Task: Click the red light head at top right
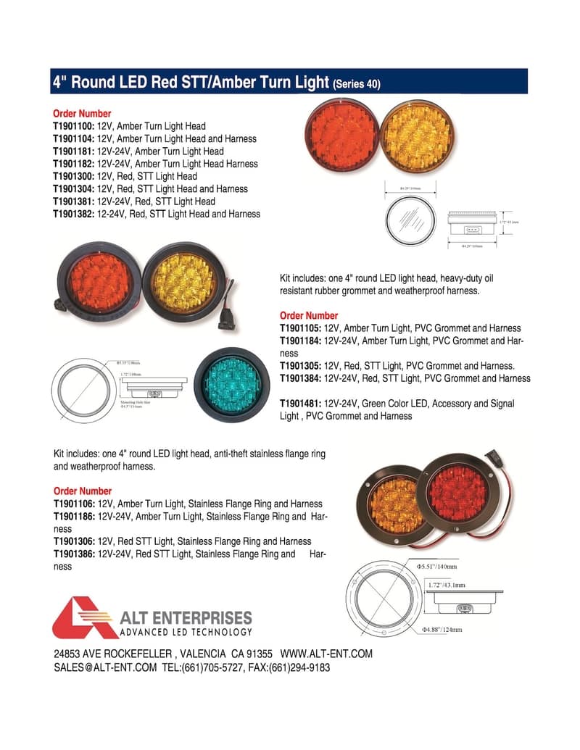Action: click(x=339, y=135)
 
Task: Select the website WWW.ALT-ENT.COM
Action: click(x=326, y=654)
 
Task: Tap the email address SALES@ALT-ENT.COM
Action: click(x=105, y=667)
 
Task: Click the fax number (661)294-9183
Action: click(x=299, y=667)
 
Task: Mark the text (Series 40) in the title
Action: click(x=356, y=84)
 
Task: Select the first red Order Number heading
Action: click(x=82, y=114)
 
